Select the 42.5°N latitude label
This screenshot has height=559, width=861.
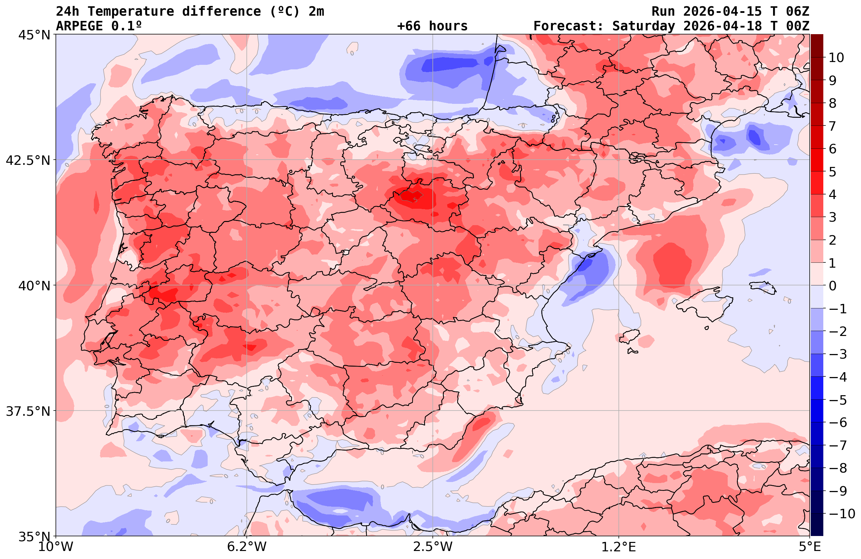(28, 160)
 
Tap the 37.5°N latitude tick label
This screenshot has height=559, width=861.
(28, 411)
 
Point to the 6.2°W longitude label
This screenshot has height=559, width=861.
(247, 547)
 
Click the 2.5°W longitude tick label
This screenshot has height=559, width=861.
(433, 547)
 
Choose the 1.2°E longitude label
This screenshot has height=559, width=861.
(619, 547)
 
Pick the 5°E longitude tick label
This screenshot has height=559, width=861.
(809, 547)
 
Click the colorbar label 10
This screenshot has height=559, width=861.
(836, 58)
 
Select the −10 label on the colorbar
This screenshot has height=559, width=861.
(841, 513)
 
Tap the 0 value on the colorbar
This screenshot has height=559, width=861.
(832, 286)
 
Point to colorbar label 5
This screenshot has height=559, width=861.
(832, 172)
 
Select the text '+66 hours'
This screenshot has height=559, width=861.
(432, 26)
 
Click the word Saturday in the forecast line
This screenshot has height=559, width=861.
(644, 26)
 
